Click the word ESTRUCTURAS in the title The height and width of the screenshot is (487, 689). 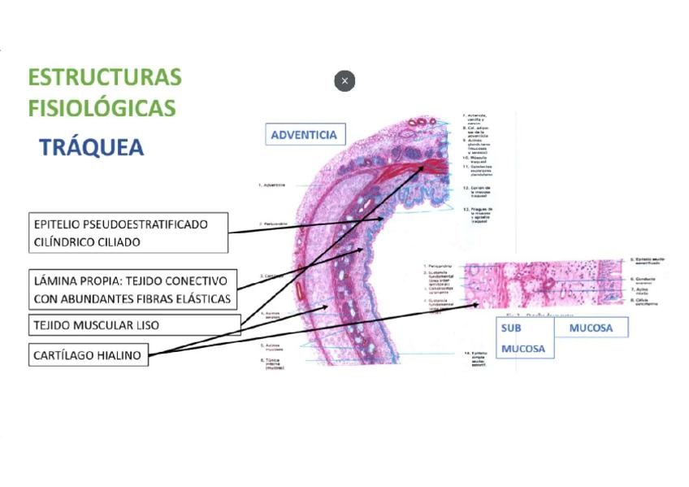tap(105, 77)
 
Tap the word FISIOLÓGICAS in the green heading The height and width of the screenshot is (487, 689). tap(102, 107)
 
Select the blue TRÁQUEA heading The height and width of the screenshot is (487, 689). tap(92, 147)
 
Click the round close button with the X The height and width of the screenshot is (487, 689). tap(344, 81)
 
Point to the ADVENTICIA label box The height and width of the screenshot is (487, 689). tap(305, 134)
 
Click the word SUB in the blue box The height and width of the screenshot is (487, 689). tap(511, 328)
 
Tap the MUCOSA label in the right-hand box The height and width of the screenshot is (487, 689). tap(591, 328)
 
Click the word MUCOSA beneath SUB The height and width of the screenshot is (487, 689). tap(523, 349)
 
